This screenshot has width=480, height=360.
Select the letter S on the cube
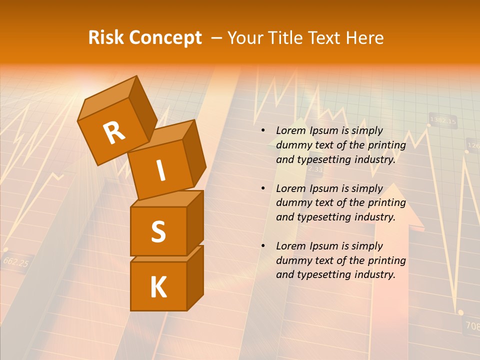pos(158,231)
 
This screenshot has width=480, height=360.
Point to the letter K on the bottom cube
pos(158,287)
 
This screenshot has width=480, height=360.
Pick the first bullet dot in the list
pos(263,131)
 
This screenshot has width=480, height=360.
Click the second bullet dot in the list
pos(263,188)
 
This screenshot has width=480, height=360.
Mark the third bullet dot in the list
pos(263,246)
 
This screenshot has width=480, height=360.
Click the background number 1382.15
pos(443,120)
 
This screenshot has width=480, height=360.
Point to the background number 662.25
pos(16,261)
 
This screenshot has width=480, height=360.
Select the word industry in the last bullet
pos(374,274)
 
